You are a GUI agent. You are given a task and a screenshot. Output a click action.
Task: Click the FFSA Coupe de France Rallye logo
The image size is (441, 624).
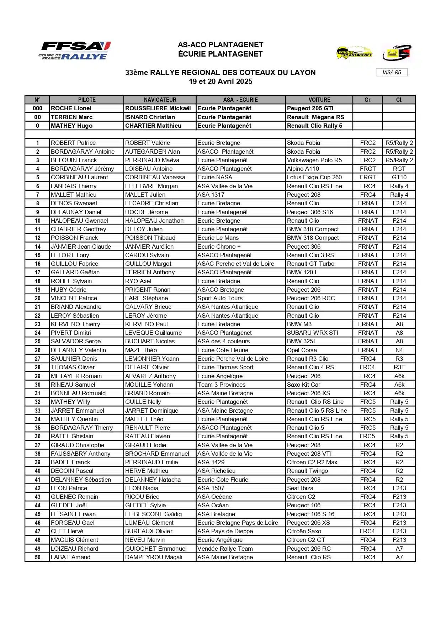[x=75, y=51]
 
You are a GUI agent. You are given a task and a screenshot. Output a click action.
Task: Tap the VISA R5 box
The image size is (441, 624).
[x=392, y=73]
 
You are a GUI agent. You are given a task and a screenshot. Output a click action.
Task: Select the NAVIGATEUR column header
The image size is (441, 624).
[x=160, y=100]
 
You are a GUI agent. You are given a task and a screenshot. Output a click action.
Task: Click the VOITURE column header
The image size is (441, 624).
[x=319, y=100]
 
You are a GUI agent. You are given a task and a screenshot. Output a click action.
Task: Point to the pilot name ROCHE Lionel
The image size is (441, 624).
[x=71, y=109]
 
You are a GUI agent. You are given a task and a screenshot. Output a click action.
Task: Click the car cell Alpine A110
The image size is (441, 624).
[x=303, y=169]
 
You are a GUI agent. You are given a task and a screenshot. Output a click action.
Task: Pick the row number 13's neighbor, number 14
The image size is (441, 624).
[x=37, y=247]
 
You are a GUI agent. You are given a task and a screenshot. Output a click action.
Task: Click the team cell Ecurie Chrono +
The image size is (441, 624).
[x=219, y=247]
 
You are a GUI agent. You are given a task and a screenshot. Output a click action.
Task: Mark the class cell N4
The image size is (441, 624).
[x=399, y=350]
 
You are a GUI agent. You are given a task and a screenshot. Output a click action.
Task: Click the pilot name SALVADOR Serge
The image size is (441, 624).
[x=76, y=342]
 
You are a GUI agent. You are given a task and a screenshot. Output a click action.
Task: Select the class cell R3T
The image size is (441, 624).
[x=399, y=367]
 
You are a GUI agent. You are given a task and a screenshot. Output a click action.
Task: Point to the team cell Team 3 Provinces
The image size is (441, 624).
[x=222, y=385]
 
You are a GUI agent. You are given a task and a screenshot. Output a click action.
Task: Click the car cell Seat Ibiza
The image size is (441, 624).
[x=300, y=488]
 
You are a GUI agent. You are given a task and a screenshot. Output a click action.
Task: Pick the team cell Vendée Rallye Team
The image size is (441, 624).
[x=225, y=549]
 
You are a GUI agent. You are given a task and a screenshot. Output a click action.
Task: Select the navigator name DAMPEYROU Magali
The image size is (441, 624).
[x=154, y=557]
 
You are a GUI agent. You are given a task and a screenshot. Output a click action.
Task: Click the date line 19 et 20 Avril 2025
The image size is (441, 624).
[x=220, y=81]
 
